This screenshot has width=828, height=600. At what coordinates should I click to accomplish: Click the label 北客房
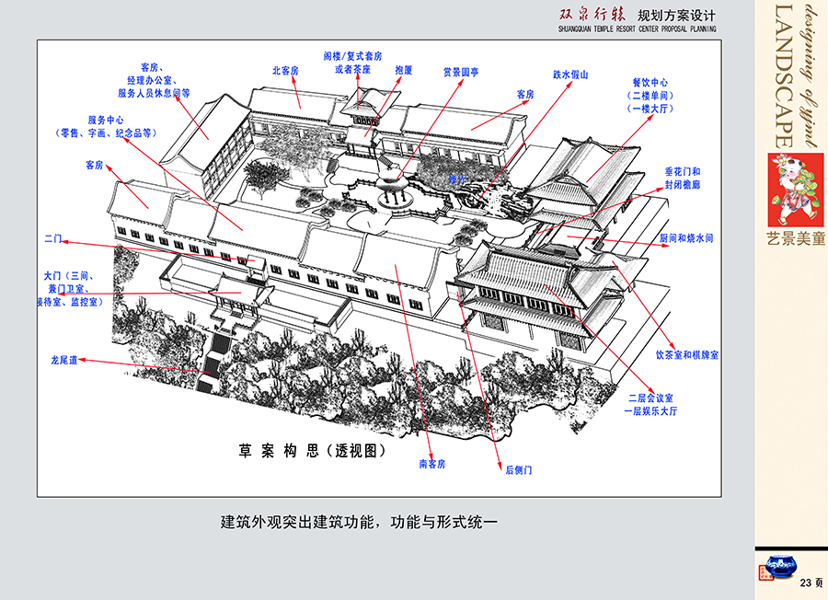click(285, 70)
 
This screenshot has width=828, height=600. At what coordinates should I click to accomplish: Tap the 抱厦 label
click(404, 70)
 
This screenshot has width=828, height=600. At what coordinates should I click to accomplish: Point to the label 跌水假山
click(570, 75)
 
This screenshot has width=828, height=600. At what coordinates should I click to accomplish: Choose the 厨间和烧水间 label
click(686, 237)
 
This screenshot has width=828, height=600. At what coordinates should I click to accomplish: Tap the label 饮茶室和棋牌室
click(687, 354)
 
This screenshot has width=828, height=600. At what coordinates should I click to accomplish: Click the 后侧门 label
click(519, 469)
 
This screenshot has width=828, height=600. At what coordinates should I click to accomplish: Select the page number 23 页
click(811, 583)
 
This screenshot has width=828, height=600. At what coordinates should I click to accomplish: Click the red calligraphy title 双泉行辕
click(590, 16)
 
